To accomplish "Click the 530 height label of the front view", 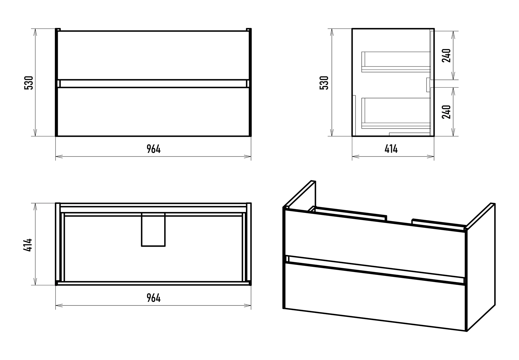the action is tap(29, 83).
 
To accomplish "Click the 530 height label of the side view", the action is tap(324, 83).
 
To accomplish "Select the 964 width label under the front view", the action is tap(154, 149).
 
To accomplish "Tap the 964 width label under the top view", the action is tap(154, 298).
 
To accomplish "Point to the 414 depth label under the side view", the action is tap(391, 149).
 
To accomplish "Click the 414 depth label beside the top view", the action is tap(28, 245).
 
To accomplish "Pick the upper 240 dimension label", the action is tap(446, 56).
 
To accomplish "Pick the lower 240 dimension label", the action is tap(446, 112).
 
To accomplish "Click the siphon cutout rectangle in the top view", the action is tap(153, 230).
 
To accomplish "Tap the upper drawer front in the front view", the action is tap(153, 55).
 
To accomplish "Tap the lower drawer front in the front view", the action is tap(153, 112).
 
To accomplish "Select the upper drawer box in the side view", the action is tap(396, 62).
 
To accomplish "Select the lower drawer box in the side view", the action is tap(396, 113).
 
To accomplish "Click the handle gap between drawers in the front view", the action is tap(153, 84).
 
